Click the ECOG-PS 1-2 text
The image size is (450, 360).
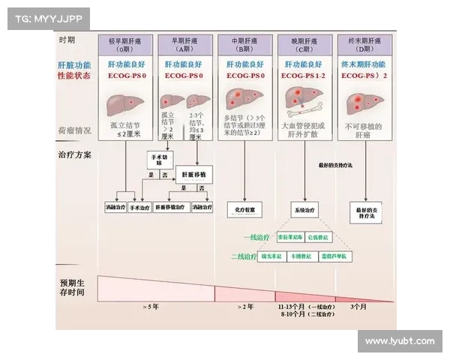pos(304,76)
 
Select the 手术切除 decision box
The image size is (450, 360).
pos(158,159)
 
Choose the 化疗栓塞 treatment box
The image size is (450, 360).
pos(243,211)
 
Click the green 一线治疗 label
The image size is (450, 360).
pos(256,237)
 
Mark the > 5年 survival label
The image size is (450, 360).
pos(151,307)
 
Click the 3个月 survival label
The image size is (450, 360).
pos(358,307)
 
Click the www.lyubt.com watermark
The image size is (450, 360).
pos(399,341)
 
